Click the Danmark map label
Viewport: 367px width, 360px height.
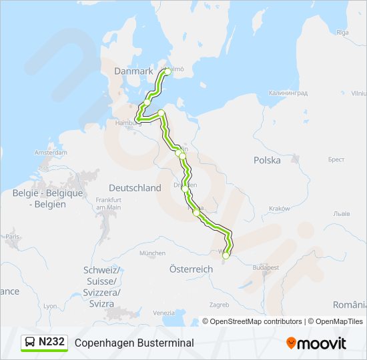[133, 71]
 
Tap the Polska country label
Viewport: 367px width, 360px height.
[267, 160]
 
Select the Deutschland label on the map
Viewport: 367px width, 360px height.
[135, 188]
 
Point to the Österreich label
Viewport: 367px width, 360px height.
[192, 269]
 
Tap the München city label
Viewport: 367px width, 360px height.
[152, 253]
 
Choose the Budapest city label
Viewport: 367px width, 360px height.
[265, 267]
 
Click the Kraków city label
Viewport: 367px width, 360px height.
[280, 209]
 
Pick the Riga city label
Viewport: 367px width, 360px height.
[343, 32]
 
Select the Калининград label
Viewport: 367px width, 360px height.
[288, 93]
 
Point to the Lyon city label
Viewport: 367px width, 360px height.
[51, 305]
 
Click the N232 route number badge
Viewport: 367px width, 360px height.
[51, 342]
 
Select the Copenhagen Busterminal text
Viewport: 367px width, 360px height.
[134, 343]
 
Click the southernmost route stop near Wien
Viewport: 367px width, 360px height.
[226, 255]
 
